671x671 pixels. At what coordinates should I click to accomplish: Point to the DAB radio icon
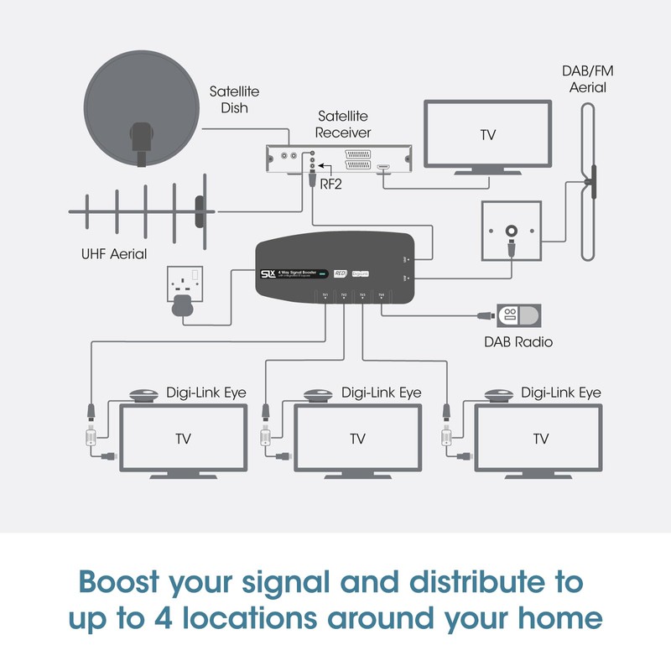pos(518,316)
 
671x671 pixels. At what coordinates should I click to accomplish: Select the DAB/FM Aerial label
pos(585,80)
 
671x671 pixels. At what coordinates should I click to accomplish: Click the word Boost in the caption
pos(129,580)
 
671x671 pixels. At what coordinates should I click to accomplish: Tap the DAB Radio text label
pos(518,341)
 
